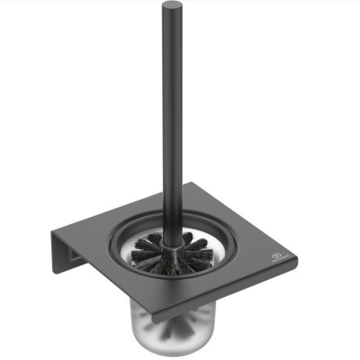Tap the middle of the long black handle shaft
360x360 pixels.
[171, 117]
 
